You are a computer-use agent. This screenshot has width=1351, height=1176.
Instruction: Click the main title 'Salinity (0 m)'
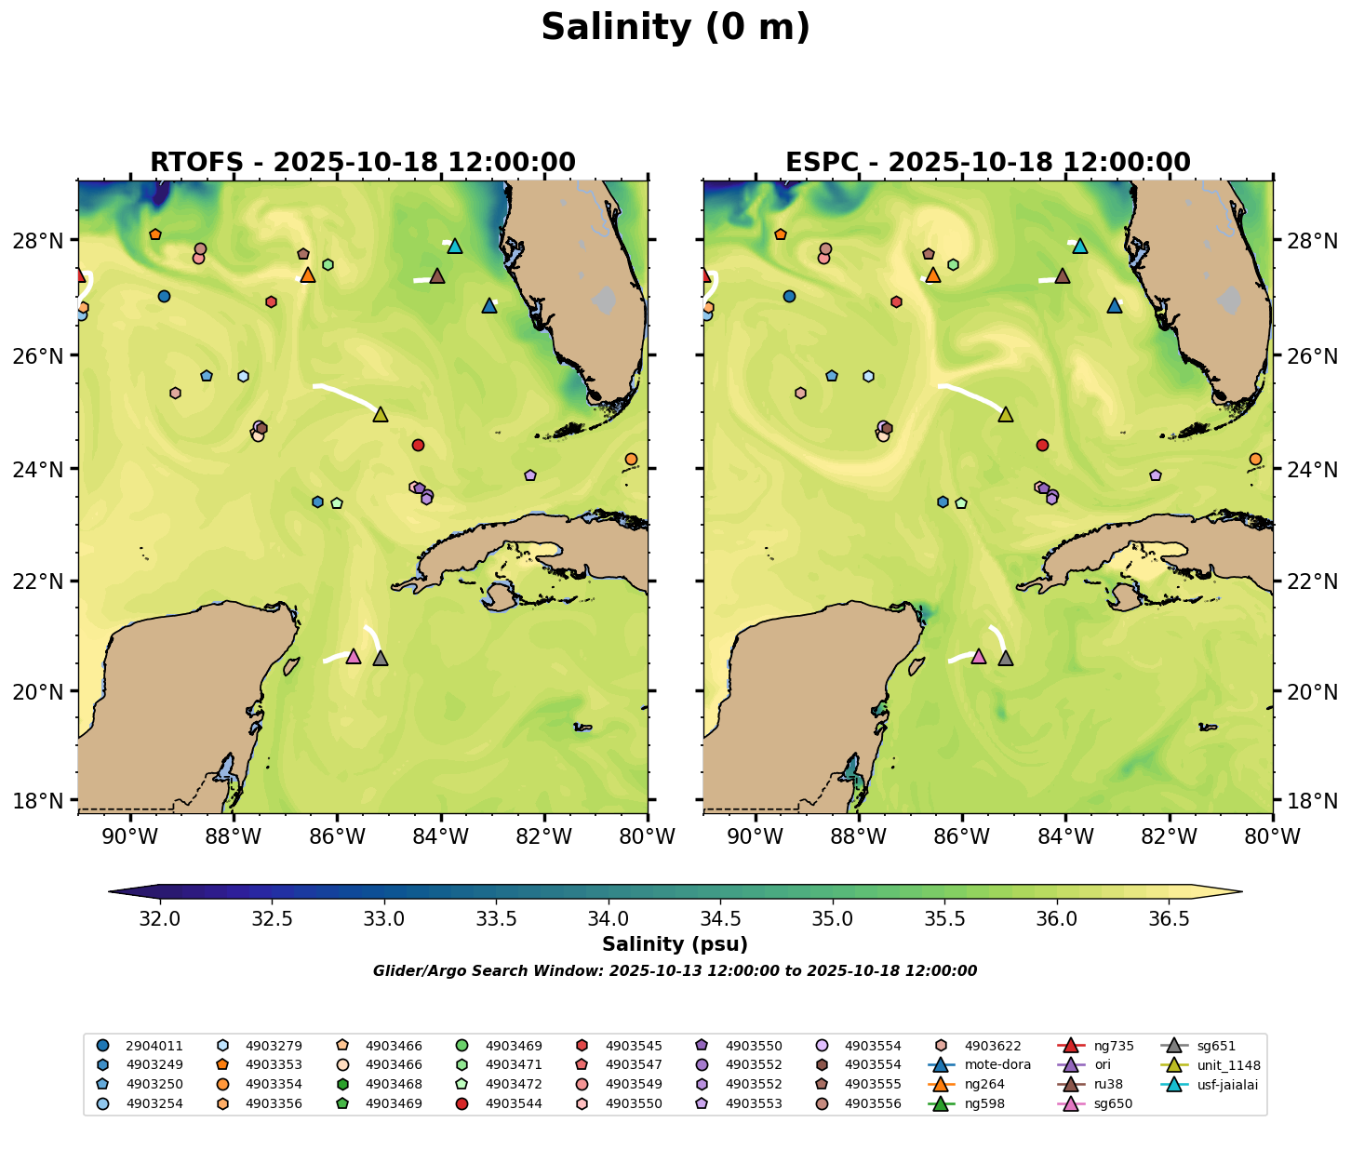tap(675, 28)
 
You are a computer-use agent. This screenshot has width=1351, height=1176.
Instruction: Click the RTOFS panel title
tap(363, 163)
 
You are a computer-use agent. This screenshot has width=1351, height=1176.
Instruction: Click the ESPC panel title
tap(988, 163)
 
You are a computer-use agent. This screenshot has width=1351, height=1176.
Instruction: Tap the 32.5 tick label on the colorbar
tap(273, 919)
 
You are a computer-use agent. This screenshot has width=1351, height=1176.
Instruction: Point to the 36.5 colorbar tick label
tap(1169, 919)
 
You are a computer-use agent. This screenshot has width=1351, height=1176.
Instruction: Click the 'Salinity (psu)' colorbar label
tap(675, 945)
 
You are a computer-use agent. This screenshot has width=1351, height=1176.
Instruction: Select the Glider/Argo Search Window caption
tap(675, 971)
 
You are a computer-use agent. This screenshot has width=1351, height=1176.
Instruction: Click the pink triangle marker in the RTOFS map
tap(353, 657)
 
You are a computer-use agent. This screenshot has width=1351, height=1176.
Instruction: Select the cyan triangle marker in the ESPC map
tap(1080, 247)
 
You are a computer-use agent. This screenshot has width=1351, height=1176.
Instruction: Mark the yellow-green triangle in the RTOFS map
tap(381, 415)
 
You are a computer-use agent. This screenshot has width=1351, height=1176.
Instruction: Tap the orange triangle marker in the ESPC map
tap(933, 275)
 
